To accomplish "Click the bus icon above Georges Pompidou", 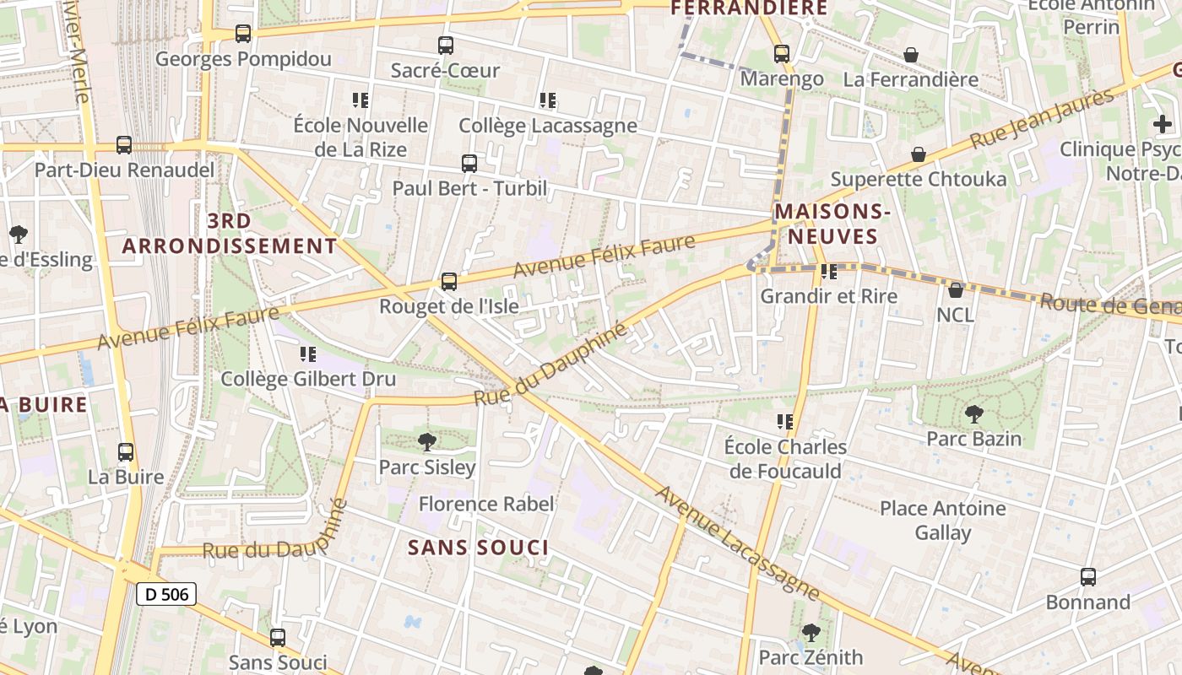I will click(243, 34).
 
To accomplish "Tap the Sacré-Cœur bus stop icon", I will click(446, 46).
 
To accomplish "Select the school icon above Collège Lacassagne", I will click(548, 100).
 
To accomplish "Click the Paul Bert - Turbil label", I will click(469, 187).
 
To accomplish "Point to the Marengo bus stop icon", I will click(782, 54).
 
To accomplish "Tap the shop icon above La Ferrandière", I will click(911, 55).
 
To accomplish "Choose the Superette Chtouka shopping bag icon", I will click(918, 154).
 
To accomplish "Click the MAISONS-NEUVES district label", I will click(833, 224).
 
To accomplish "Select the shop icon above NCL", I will click(955, 290).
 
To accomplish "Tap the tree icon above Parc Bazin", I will click(973, 413).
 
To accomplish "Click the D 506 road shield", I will click(166, 594).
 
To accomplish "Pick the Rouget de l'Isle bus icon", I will click(449, 281).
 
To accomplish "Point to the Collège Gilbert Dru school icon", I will click(308, 354).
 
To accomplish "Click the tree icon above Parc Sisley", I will click(427, 441).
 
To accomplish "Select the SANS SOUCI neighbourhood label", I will click(479, 548).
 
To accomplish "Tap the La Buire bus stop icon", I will click(126, 452).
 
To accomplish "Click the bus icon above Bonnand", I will click(1088, 577).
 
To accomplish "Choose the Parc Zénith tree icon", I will click(811, 632).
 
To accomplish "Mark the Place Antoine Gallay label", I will click(943, 521).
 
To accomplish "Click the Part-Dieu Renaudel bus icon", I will click(124, 144).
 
